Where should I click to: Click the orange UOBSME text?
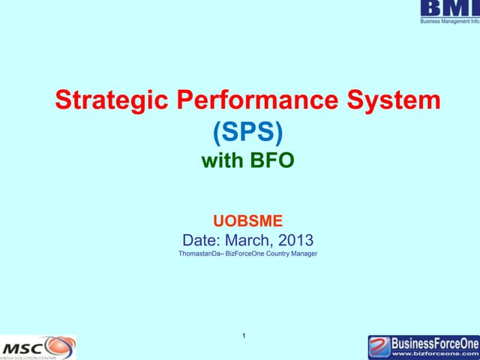[x=247, y=221]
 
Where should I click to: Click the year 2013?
[x=295, y=241]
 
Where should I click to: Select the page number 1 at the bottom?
[x=245, y=334]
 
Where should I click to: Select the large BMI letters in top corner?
[x=448, y=9]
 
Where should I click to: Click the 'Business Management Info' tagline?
[x=448, y=22]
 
